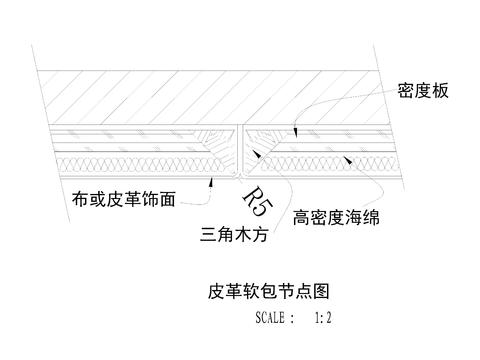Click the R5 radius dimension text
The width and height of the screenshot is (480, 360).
coord(256,201)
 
